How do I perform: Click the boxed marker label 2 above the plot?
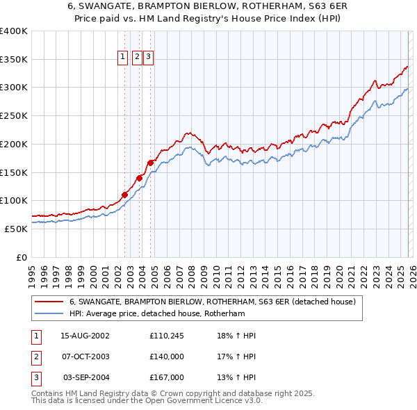click(x=137, y=58)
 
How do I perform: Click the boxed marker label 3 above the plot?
click(x=148, y=58)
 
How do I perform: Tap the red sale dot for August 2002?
click(x=125, y=195)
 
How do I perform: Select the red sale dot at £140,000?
click(x=139, y=178)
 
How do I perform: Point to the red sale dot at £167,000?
click(x=150, y=163)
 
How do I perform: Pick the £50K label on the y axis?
click(x=16, y=229)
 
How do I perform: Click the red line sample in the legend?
click(x=49, y=302)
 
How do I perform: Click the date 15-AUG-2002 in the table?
click(x=85, y=336)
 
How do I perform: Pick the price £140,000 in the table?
click(x=166, y=356)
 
